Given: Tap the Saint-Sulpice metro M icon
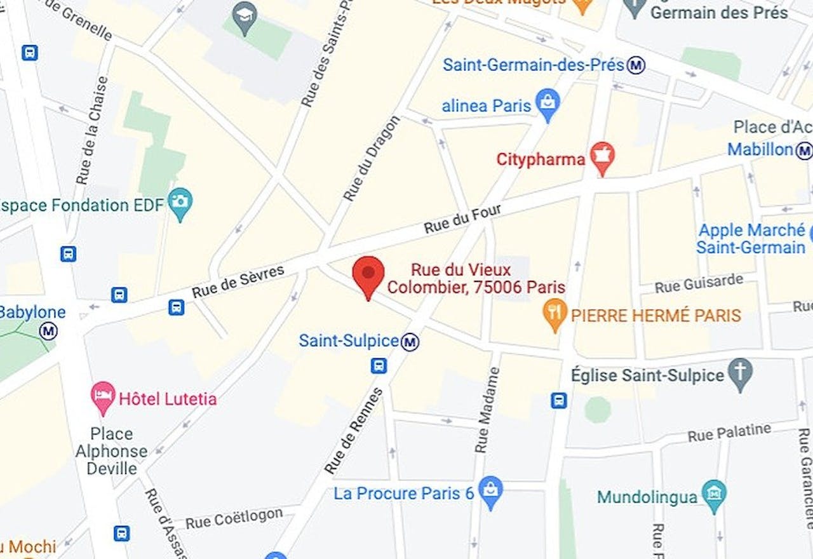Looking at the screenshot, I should pyautogui.click(x=411, y=342).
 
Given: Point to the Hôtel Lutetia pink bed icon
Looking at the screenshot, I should pyautogui.click(x=103, y=396).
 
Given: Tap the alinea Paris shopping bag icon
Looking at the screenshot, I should pyautogui.click(x=547, y=103).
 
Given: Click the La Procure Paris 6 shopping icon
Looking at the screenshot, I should pyautogui.click(x=490, y=490).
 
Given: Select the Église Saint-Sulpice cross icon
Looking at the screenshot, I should pyautogui.click(x=740, y=374).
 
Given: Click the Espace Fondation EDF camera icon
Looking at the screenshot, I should pyautogui.click(x=180, y=203).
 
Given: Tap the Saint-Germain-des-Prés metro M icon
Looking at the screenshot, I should pyautogui.click(x=636, y=65).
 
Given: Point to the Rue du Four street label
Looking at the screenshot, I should pyautogui.click(x=462, y=219).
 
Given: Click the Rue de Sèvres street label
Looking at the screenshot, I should pyautogui.click(x=238, y=281).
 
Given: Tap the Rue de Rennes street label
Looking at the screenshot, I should pyautogui.click(x=354, y=431).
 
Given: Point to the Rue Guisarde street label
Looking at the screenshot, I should pyautogui.click(x=699, y=283).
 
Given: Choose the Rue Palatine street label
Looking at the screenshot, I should pyautogui.click(x=729, y=433).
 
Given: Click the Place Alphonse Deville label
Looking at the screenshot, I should pyautogui.click(x=111, y=451).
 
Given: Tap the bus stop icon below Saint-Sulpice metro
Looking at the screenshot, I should pyautogui.click(x=379, y=366).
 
